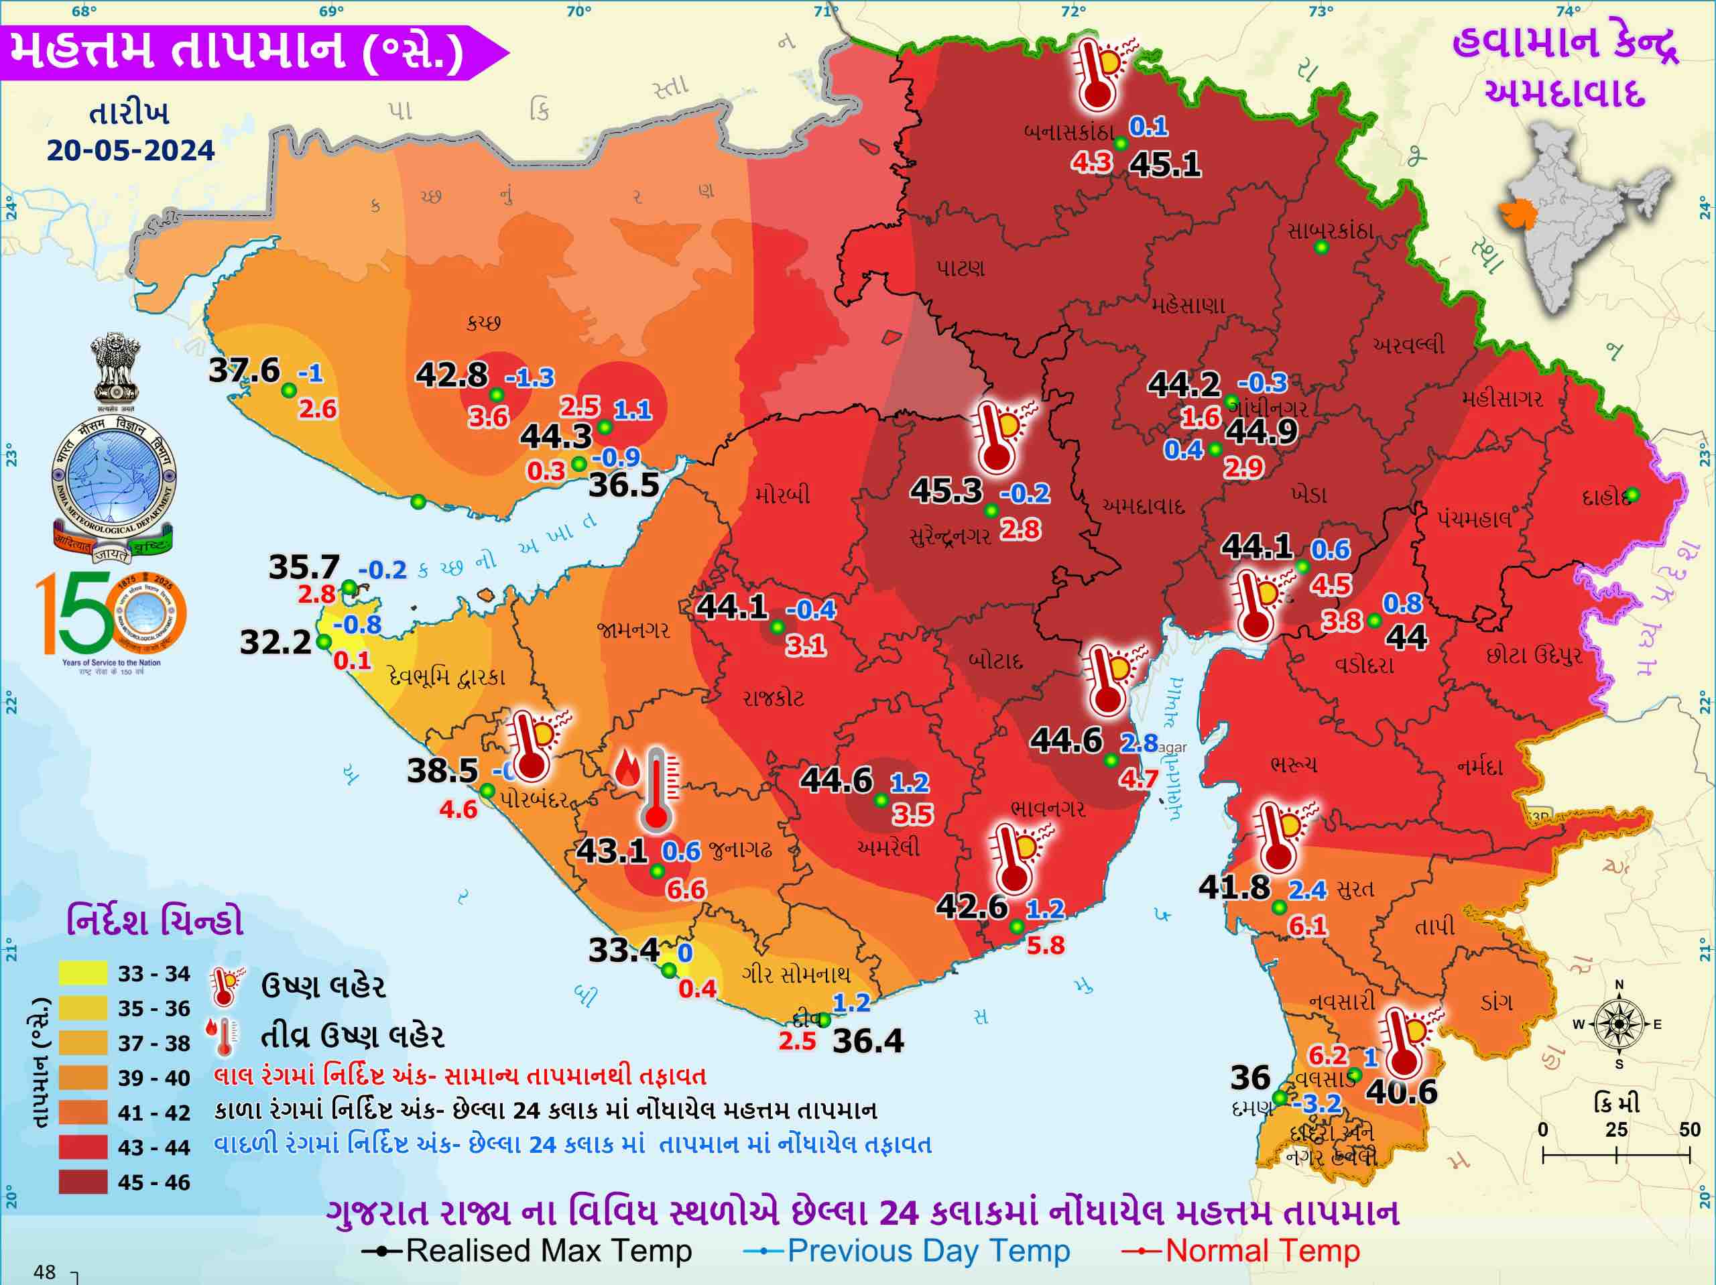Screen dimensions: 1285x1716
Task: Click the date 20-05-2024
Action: tap(130, 149)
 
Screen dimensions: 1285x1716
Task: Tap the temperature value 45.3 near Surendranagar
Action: tap(946, 491)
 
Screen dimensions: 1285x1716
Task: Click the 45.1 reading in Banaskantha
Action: tap(1164, 164)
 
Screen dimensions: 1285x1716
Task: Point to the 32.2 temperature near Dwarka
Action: tap(275, 641)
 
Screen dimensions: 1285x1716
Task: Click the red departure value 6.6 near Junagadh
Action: tap(686, 890)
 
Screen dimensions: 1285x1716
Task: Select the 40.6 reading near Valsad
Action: tap(1401, 1092)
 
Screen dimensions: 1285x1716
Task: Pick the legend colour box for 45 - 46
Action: tap(83, 1182)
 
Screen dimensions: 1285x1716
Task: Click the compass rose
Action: tap(1618, 1024)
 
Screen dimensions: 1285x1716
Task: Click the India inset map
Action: tap(1583, 217)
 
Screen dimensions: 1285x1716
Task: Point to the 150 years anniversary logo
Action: tap(111, 617)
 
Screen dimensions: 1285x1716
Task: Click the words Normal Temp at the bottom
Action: tap(1262, 1251)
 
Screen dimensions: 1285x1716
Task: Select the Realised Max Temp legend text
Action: tap(548, 1251)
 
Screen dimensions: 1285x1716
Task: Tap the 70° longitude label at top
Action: tap(578, 11)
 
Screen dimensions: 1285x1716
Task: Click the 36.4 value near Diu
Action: tap(867, 1040)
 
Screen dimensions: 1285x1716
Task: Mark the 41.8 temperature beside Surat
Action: tap(1234, 887)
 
